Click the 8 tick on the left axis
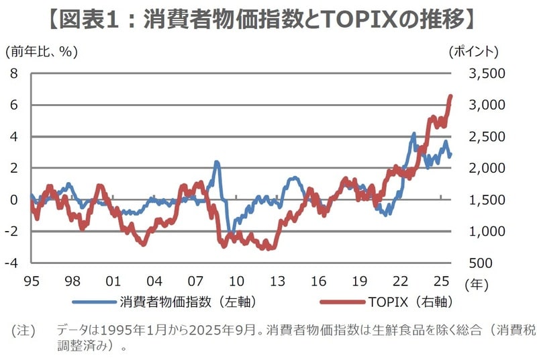[13, 73]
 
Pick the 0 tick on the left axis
[13, 199]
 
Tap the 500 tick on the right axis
[483, 263]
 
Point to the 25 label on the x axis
[441, 280]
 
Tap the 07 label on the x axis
[195, 280]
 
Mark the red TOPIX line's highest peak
[450, 96]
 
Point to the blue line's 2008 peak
[217, 162]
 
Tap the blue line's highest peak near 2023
[413, 134]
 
